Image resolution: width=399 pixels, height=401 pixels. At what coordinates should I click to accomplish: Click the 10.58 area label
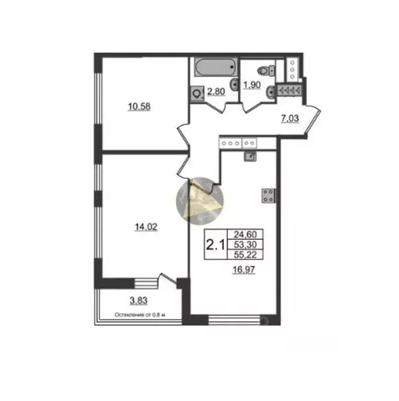[138, 107]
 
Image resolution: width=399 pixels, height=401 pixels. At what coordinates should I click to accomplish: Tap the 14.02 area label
[146, 225]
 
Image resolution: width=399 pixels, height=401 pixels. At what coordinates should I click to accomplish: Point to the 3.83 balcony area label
[138, 300]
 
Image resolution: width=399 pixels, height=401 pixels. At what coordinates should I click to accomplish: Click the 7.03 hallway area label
[289, 118]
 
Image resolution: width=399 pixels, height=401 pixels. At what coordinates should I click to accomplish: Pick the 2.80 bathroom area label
[215, 92]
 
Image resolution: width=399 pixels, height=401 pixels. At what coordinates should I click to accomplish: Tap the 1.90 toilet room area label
[252, 85]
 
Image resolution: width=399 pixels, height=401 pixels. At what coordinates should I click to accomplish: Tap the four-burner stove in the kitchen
[269, 195]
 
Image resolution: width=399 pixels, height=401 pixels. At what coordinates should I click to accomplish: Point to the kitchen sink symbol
[250, 156]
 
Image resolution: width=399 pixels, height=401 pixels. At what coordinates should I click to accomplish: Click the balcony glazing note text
[140, 315]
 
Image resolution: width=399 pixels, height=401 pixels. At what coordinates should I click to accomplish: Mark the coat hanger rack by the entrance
[289, 89]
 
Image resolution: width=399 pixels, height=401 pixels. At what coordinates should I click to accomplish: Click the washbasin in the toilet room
[271, 92]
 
